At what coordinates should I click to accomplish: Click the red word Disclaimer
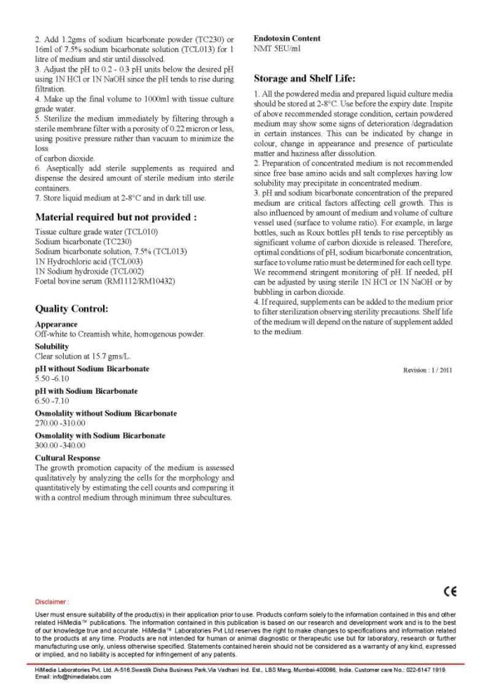[52, 602]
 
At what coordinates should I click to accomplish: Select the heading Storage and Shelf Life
[304, 78]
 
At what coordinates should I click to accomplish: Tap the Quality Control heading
[71, 308]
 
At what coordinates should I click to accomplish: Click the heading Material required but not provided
[116, 217]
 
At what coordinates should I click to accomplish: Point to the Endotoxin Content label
[287, 38]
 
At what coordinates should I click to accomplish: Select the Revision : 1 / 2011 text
[427, 370]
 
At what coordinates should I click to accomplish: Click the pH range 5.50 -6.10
[52, 379]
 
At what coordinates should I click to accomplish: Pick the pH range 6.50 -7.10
[52, 401]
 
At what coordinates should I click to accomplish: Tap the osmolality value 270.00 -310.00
[60, 423]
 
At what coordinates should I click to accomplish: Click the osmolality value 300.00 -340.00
[60, 445]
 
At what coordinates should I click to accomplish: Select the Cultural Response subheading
[68, 458]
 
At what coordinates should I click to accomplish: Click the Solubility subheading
[52, 347]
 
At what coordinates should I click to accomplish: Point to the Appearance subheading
[56, 324]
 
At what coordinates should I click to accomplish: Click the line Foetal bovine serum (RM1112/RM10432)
[105, 281]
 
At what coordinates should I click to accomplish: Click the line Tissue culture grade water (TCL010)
[96, 232]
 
